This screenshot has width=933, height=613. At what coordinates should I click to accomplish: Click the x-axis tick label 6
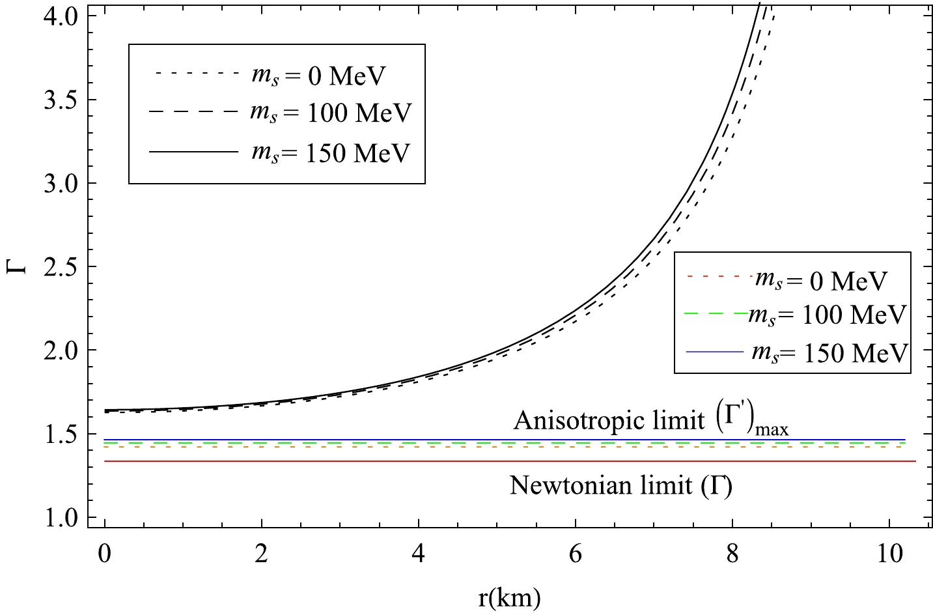point(576,554)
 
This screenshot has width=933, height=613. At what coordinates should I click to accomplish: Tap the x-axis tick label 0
point(105,554)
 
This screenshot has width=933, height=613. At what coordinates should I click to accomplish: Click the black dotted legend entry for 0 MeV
point(270,76)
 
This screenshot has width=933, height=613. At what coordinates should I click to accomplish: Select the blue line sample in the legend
point(714,352)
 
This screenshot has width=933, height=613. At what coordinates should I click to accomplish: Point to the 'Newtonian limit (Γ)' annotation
point(620,486)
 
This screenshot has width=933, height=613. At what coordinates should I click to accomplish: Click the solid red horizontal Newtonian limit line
point(456,461)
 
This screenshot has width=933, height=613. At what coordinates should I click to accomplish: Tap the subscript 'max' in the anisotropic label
point(772,429)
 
